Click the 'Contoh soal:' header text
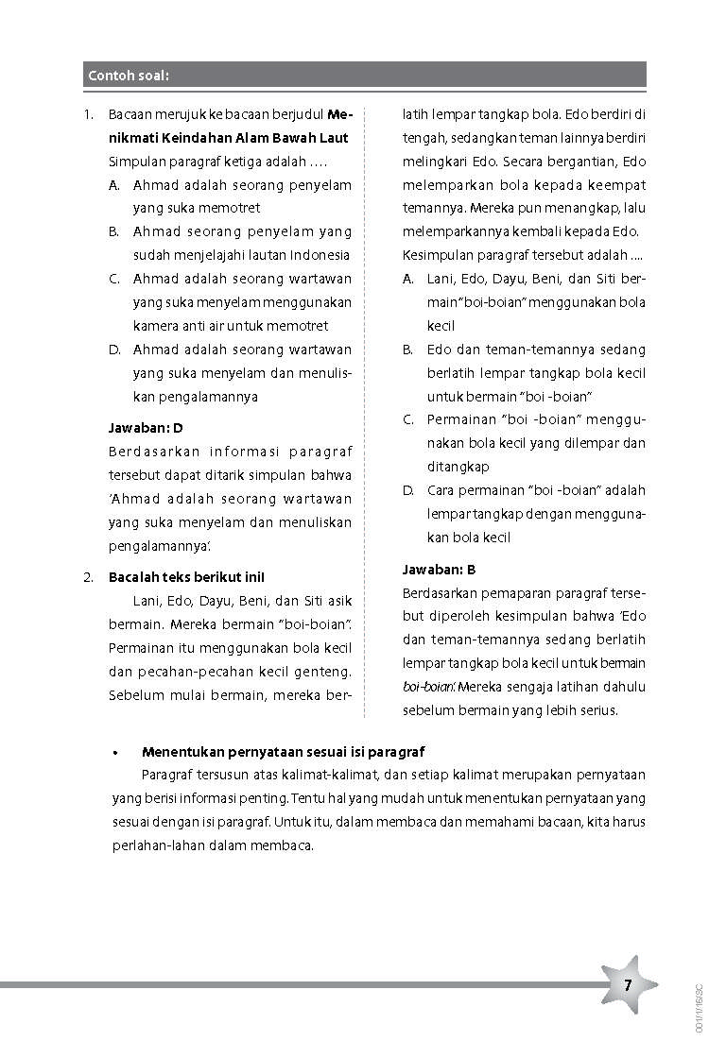tap(128, 76)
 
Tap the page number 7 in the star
tap(627, 985)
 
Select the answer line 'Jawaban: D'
tap(146, 428)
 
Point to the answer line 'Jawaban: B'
tap(439, 570)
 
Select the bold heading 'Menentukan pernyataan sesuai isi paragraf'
tap(283, 752)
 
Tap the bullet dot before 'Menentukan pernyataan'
tap(113, 753)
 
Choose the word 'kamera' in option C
tap(155, 326)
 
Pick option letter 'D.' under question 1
tap(114, 350)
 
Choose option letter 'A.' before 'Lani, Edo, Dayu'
tap(408, 279)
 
